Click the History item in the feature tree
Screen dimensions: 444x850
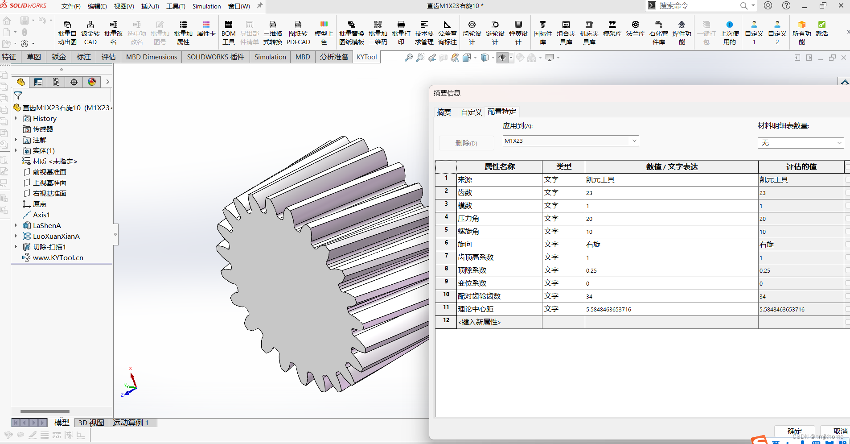pos(45,119)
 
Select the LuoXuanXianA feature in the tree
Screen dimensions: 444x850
pos(56,237)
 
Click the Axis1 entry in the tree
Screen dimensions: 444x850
pos(41,215)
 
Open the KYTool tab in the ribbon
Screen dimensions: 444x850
pos(366,57)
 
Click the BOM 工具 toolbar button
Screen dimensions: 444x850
pos(228,33)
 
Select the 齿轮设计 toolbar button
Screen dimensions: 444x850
pos(472,33)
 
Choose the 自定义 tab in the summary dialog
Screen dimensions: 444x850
pos(471,112)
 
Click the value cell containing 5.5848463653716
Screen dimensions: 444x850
pos(671,309)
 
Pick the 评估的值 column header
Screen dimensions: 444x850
pos(801,167)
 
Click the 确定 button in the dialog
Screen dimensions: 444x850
pos(794,431)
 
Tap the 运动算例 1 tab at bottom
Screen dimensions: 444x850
pos(131,423)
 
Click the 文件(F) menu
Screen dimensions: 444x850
pos(71,6)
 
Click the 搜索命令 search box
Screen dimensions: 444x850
pos(695,6)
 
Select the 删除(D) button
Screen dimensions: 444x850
pos(466,143)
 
